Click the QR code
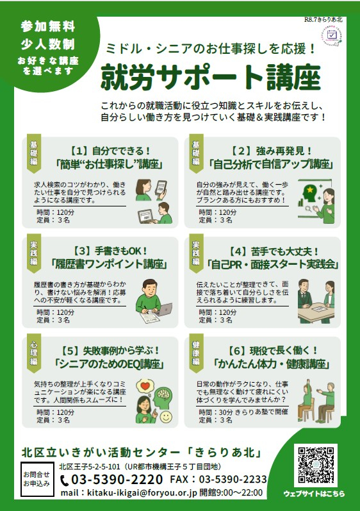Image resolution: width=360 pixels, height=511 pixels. [x=316, y=465]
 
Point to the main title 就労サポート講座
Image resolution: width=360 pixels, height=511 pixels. [x=211, y=77]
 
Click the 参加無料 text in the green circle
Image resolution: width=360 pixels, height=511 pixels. [x=48, y=26]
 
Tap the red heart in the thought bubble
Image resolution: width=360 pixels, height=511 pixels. [x=145, y=386]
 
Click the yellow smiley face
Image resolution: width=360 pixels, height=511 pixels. [x=166, y=417]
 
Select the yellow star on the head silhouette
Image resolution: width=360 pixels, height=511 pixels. [x=310, y=189]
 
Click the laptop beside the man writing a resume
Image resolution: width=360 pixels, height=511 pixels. [x=165, y=309]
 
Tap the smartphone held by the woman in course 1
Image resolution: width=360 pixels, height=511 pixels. [x=161, y=188]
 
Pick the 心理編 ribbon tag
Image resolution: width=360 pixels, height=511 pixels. [x=34, y=353]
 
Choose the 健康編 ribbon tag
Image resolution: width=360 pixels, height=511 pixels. [x=196, y=353]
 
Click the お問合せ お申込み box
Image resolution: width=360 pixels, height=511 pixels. [x=37, y=479]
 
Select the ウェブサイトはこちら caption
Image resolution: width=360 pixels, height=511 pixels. [x=314, y=494]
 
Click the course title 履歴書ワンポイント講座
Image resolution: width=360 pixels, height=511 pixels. [x=109, y=264]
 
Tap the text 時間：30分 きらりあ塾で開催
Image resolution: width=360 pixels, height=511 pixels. [x=243, y=412]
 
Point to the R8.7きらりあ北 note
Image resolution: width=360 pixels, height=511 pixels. [x=323, y=19]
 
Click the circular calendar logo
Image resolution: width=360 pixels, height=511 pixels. [x=331, y=35]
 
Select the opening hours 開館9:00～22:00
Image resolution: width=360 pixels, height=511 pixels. [x=231, y=492]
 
